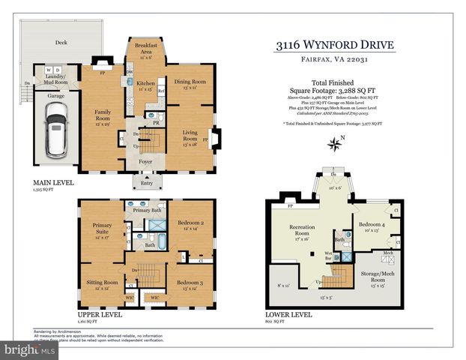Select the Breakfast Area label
(145, 48)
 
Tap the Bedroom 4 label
(372, 225)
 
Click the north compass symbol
(334, 143)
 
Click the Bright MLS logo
(30, 349)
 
